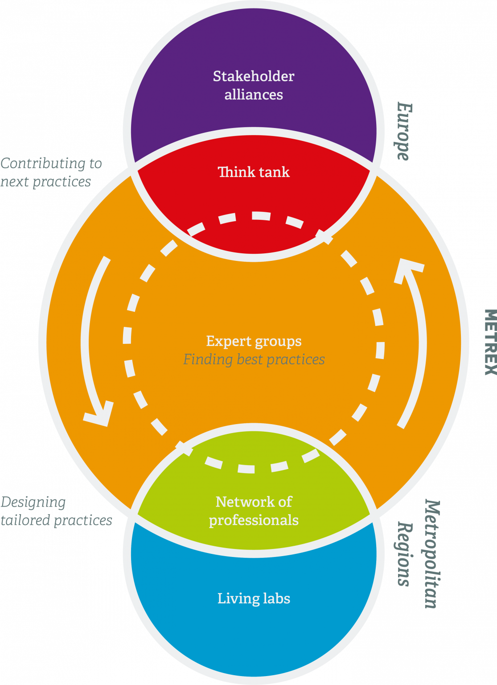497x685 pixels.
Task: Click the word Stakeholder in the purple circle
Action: point(254,76)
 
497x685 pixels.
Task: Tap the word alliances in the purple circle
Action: point(254,95)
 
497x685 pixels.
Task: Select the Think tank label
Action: point(254,172)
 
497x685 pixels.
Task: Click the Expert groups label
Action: point(254,341)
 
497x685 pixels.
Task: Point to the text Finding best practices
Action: point(254,359)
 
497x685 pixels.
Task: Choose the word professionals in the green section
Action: point(254,520)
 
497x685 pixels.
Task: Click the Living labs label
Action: point(254,598)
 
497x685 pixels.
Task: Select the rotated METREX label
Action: point(490,342)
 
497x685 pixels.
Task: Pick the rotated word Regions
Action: point(404,554)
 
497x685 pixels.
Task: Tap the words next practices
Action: point(45,182)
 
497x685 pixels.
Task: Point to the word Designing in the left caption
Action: point(33,502)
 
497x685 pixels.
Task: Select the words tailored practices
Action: point(56,520)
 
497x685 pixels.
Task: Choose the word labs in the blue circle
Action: point(277,598)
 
